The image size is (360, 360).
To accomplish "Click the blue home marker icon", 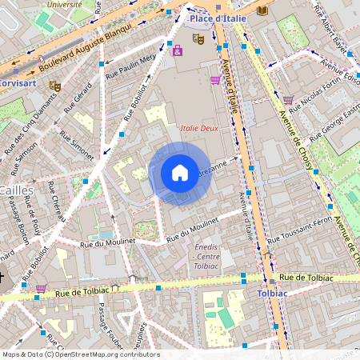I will pos(180,172).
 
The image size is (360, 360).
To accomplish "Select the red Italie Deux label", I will pos(200,126).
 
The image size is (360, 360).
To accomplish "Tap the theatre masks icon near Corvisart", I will pos(54,85).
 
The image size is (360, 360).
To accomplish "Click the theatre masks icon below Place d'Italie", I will pos(198,38).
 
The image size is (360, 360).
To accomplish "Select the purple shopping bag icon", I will pos(178,50).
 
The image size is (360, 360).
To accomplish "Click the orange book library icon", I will pos(262,10).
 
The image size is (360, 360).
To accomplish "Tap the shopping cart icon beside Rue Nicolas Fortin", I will pos(288,100).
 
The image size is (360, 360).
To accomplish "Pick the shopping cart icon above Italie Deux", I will pos(215,80).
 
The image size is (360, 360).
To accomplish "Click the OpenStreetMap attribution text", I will pos(80,354).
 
